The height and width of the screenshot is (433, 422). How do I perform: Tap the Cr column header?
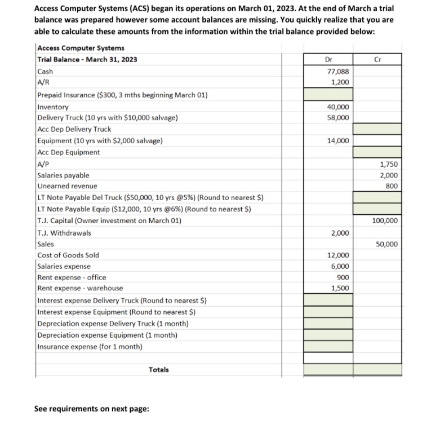pyautogui.click(x=377, y=58)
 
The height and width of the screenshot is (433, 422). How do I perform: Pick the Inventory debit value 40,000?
pyautogui.click(x=339, y=107)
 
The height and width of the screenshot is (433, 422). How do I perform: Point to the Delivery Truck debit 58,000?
pyautogui.click(x=339, y=117)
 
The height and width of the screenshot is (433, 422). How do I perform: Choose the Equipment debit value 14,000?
pyautogui.click(x=339, y=140)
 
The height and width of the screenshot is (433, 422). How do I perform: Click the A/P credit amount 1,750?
pyautogui.click(x=389, y=164)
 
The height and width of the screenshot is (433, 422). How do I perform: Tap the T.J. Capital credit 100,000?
pyautogui.click(x=386, y=220)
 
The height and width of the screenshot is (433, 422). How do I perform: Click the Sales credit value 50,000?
pyautogui.click(x=388, y=244)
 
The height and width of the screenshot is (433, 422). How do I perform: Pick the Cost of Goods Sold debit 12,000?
pyautogui.click(x=339, y=255)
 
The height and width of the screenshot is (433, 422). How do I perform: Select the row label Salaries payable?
pyautogui.click(x=63, y=175)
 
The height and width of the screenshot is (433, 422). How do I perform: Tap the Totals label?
pyautogui.click(x=159, y=370)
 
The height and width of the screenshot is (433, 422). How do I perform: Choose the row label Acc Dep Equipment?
pyautogui.click(x=68, y=152)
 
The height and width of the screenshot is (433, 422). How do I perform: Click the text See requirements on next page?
pyautogui.click(x=92, y=408)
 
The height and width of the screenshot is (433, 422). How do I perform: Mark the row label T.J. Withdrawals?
pyautogui.click(x=64, y=233)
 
